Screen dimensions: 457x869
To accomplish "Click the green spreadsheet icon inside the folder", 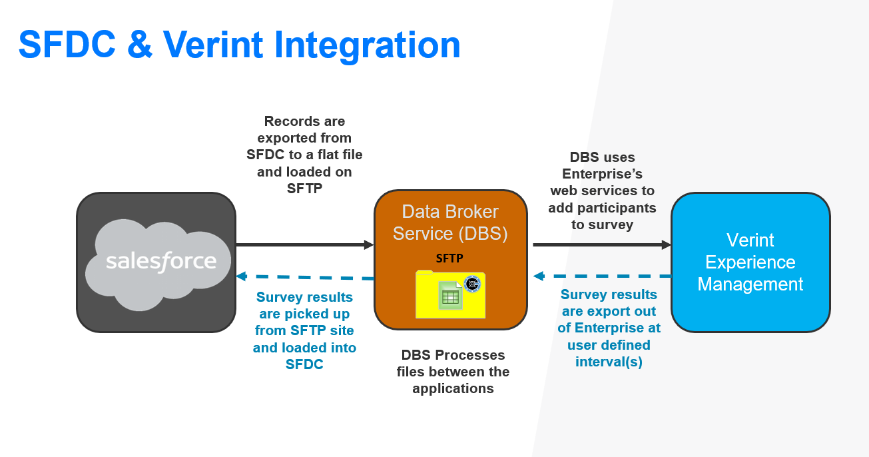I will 450,296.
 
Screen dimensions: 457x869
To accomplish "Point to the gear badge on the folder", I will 472,284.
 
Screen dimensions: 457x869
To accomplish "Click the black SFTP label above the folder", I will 449,258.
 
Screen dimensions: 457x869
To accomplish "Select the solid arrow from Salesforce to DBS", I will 304,244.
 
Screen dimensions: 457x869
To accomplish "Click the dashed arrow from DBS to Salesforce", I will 304,277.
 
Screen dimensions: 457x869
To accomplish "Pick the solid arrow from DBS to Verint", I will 601,244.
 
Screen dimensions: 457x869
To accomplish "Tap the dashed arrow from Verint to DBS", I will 601,276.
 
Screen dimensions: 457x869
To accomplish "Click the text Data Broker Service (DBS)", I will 450,223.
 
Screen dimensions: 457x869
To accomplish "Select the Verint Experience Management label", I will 750,262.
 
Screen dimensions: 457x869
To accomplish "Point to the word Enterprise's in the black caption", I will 602,174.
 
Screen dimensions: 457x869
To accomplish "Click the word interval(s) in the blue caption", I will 609,362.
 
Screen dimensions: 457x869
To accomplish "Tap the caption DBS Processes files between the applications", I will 453,372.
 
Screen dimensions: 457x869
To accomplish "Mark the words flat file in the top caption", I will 338,155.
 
